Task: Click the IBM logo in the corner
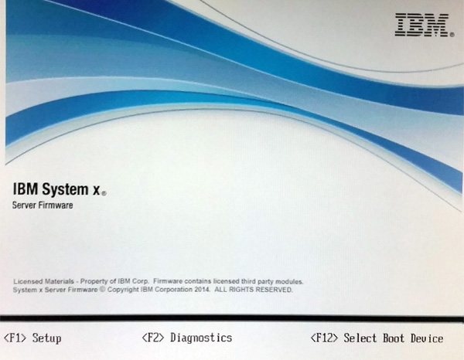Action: click(x=424, y=25)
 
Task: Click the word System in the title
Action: click(x=65, y=189)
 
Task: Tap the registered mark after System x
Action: click(x=104, y=194)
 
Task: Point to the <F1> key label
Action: click(x=15, y=338)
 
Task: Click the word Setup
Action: click(x=46, y=338)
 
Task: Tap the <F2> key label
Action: click(x=153, y=338)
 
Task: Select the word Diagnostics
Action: click(x=201, y=338)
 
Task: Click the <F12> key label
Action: click(x=324, y=338)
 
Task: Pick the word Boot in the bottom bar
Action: click(x=394, y=338)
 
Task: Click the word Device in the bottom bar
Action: click(x=427, y=338)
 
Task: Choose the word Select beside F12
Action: click(x=360, y=338)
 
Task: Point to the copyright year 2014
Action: click(x=202, y=290)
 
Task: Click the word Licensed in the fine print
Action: click(x=29, y=281)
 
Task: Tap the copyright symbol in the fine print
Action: click(x=102, y=290)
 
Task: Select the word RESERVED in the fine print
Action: click(x=274, y=290)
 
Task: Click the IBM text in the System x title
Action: click(x=26, y=189)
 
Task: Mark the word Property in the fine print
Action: click(x=94, y=281)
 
